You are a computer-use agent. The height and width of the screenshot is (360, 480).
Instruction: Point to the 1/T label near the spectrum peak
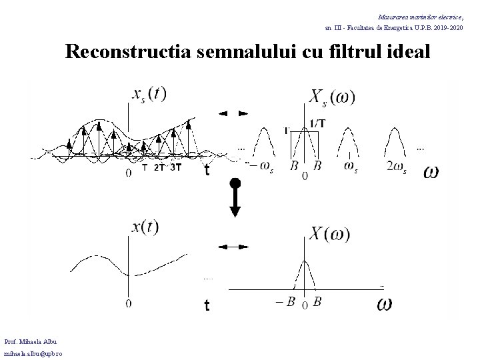[319, 123]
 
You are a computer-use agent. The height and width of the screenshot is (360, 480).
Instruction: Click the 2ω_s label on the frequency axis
[396, 166]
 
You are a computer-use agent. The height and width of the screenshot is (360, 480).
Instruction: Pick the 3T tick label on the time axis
[176, 167]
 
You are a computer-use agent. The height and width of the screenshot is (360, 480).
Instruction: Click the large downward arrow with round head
[235, 196]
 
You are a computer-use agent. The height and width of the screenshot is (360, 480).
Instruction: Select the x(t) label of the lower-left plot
[145, 227]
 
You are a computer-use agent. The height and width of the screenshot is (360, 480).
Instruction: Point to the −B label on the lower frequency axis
[285, 302]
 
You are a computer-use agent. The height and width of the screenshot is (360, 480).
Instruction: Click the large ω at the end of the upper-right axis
[431, 172]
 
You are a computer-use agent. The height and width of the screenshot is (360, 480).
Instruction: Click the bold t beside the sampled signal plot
[207, 171]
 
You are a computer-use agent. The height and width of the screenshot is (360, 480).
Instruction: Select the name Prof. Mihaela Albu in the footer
[33, 342]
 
